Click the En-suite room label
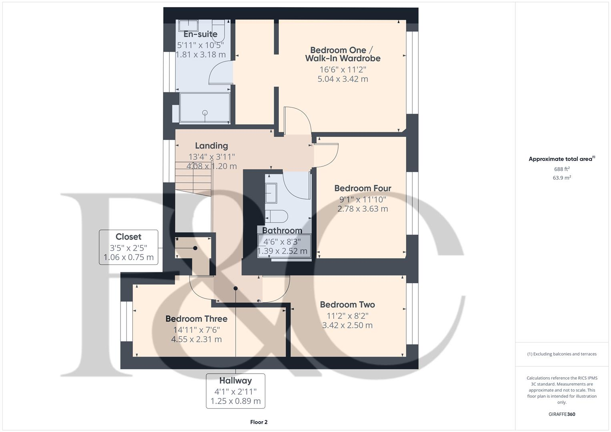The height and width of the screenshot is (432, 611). pyautogui.click(x=200, y=34)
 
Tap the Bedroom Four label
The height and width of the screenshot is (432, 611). pyautogui.click(x=363, y=188)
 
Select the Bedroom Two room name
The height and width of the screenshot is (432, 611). pyautogui.click(x=347, y=304)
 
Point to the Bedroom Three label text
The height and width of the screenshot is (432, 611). pyautogui.click(x=196, y=319)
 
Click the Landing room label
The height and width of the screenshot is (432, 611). pyautogui.click(x=211, y=146)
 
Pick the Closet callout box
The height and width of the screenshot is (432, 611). pyautogui.click(x=128, y=247)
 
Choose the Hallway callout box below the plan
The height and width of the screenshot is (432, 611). pyautogui.click(x=235, y=391)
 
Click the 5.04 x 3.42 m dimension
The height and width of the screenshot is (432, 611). pyautogui.click(x=343, y=79)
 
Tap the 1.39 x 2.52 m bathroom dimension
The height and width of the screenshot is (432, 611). pyautogui.click(x=282, y=251)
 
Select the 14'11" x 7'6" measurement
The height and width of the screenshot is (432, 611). pyautogui.click(x=196, y=330)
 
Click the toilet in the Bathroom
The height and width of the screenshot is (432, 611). pyautogui.click(x=276, y=216)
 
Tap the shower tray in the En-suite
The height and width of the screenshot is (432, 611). pyautogui.click(x=205, y=108)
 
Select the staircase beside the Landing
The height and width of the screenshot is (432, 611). pyautogui.click(x=193, y=176)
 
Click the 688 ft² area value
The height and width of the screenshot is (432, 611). pyautogui.click(x=561, y=169)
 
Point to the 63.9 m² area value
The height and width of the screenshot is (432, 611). pyautogui.click(x=561, y=178)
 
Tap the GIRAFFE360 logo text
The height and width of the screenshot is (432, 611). pyautogui.click(x=561, y=414)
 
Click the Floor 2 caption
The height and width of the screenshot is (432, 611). pyautogui.click(x=258, y=422)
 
